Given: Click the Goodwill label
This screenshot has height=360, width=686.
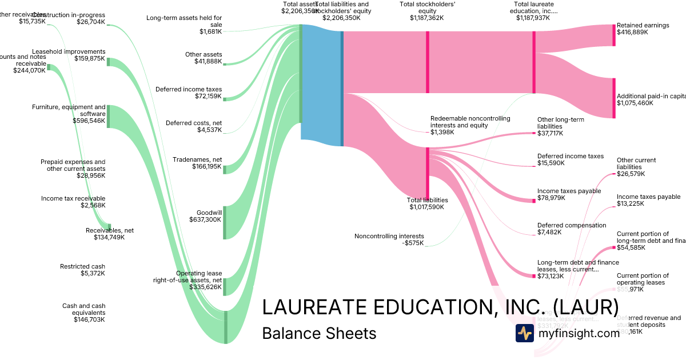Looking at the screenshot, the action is point(209,212).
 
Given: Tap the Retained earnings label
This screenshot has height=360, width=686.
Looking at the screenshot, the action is point(643,26).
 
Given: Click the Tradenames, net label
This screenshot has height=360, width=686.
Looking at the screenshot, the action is point(197,159).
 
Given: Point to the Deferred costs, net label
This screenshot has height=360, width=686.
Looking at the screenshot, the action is point(194,123).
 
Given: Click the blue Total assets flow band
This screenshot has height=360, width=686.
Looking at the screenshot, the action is point(321,86).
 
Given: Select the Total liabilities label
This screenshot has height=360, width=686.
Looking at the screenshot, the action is point(427,200).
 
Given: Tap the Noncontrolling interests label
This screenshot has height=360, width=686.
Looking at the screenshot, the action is point(389,236).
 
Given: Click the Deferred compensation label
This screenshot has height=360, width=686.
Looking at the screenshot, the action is point(572,225).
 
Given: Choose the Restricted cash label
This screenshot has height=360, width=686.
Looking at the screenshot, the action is point(82,266).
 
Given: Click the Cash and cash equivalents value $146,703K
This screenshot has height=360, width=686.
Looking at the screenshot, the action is point(89,320).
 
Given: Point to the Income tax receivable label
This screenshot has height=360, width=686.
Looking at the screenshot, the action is point(73,198).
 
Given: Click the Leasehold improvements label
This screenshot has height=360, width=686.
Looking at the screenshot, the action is point(69,51).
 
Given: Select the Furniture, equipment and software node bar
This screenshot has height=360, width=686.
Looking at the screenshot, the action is point(109,117).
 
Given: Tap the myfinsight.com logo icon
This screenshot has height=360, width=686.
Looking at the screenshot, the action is point(524,333).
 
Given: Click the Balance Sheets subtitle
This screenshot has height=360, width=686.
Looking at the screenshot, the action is point(319,333).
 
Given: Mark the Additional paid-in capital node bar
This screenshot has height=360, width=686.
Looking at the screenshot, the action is point(614,98).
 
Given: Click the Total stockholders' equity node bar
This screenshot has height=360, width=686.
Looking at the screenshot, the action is point(427,62).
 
